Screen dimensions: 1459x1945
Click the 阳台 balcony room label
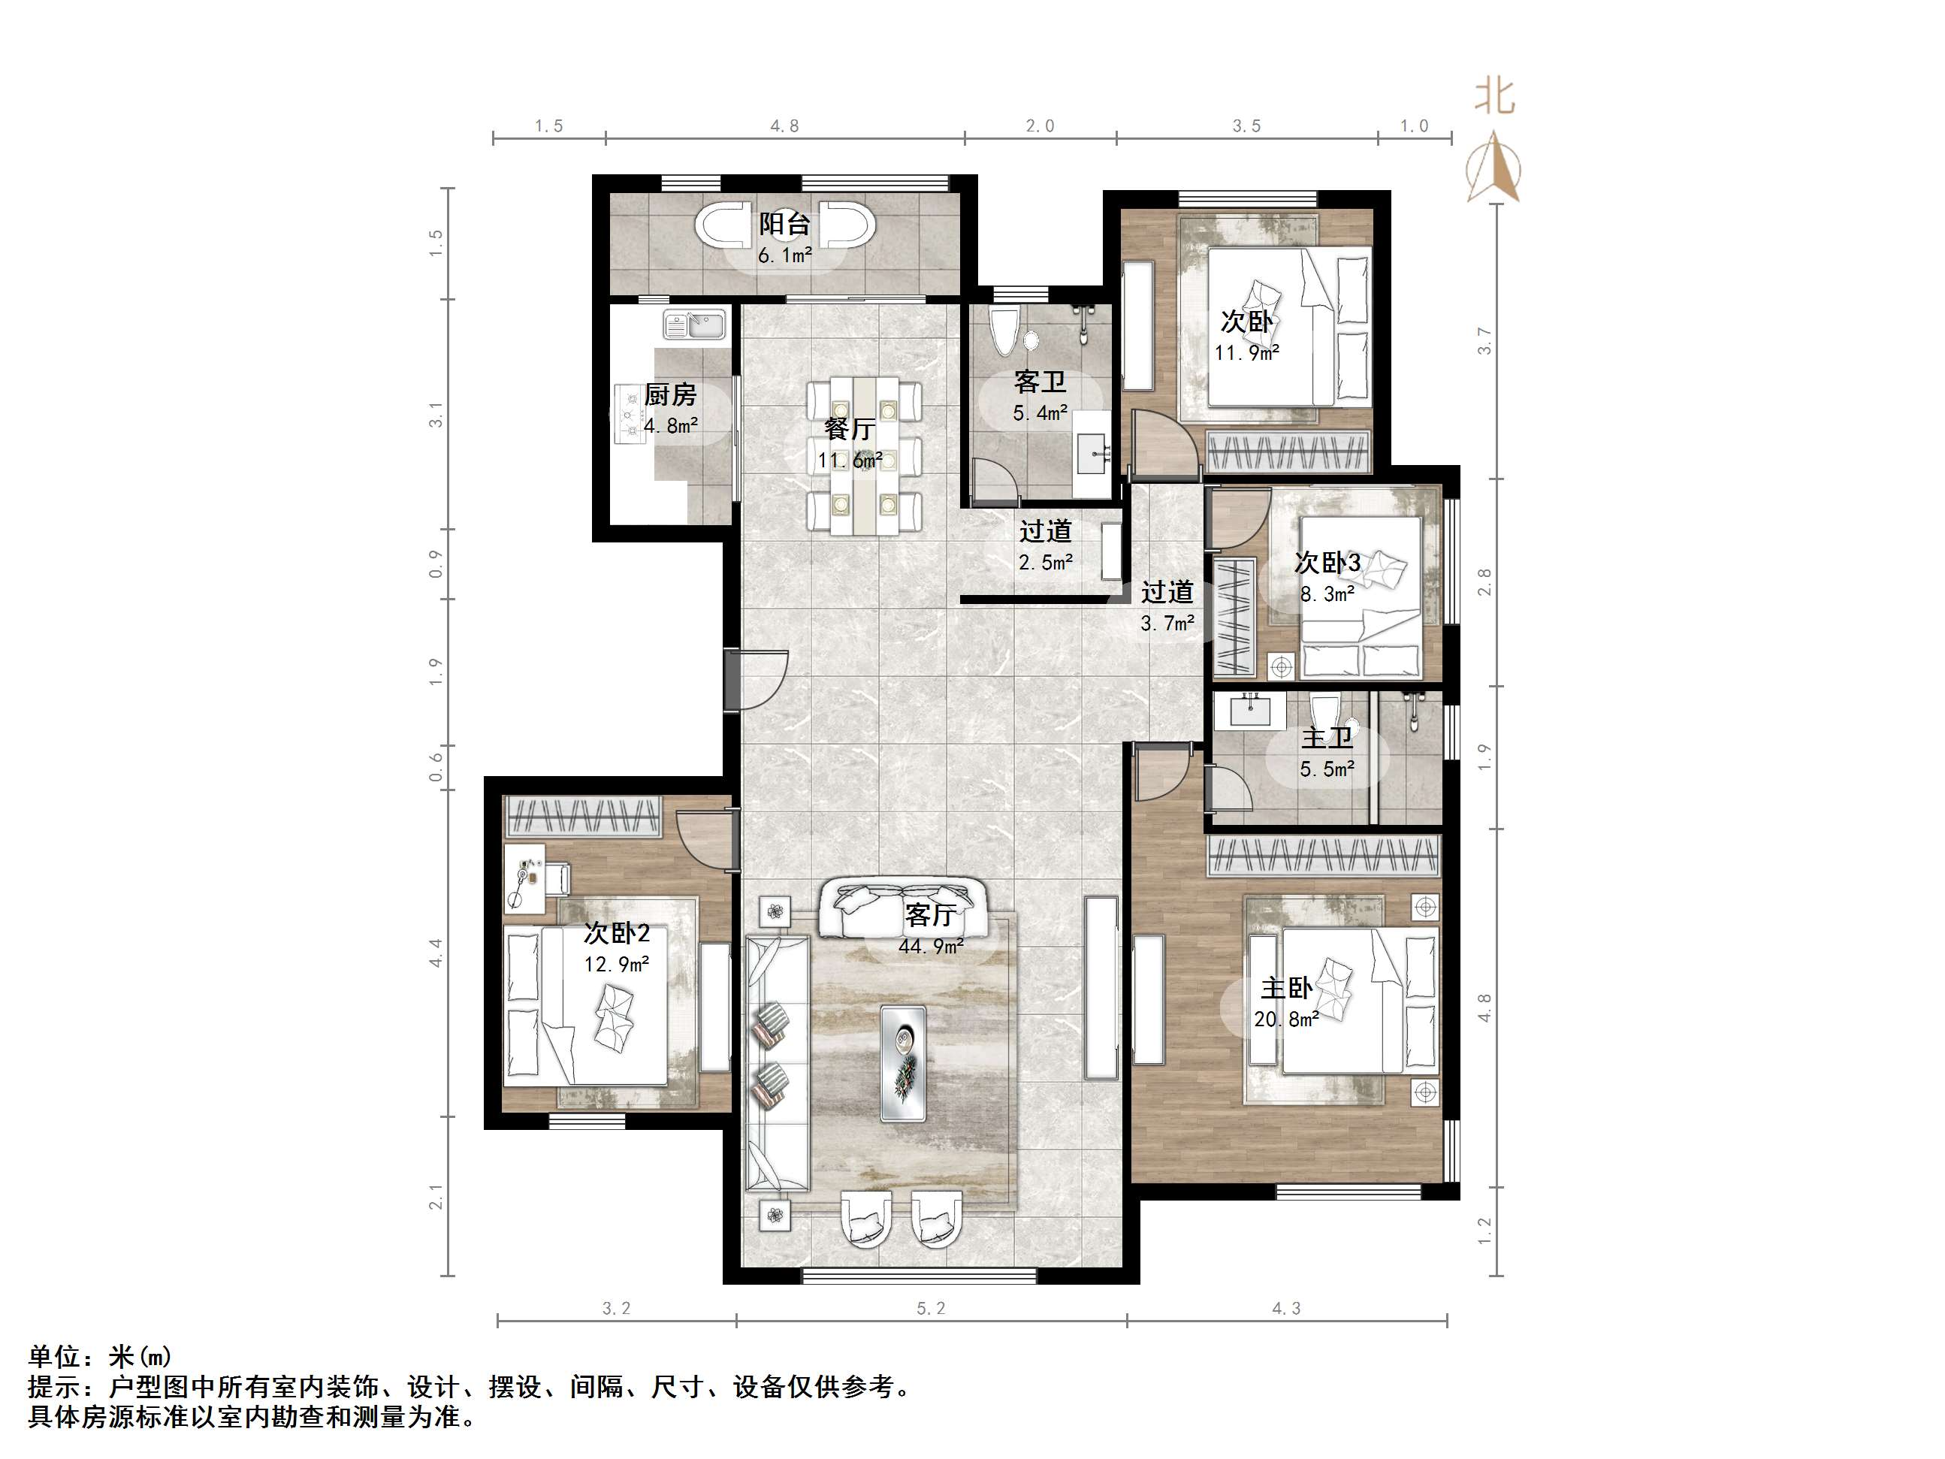[x=784, y=224]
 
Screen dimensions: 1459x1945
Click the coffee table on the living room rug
[x=903, y=1063]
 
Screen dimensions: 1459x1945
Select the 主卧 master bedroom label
[x=1286, y=989]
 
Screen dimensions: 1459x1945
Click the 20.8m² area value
[x=1285, y=1019]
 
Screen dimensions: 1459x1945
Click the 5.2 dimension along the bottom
[x=930, y=1309]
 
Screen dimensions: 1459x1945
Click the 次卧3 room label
[x=1327, y=562]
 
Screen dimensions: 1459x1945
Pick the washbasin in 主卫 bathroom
[x=1249, y=710]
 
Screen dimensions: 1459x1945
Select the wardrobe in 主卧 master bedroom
[x=1324, y=856]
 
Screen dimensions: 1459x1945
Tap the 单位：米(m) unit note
[x=100, y=1356]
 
